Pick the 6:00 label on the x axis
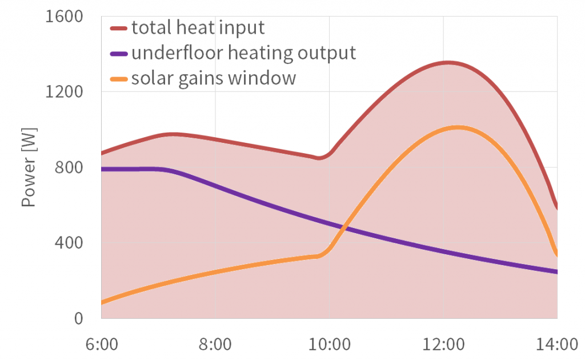coord(101,345)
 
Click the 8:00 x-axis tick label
coord(215,345)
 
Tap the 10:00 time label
coord(330,345)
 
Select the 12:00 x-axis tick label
coord(444,345)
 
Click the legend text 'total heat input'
coord(198,27)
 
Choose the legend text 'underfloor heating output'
coord(243,53)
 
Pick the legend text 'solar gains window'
coord(214,78)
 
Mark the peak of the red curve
coord(447,62)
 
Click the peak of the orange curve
coord(458,127)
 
